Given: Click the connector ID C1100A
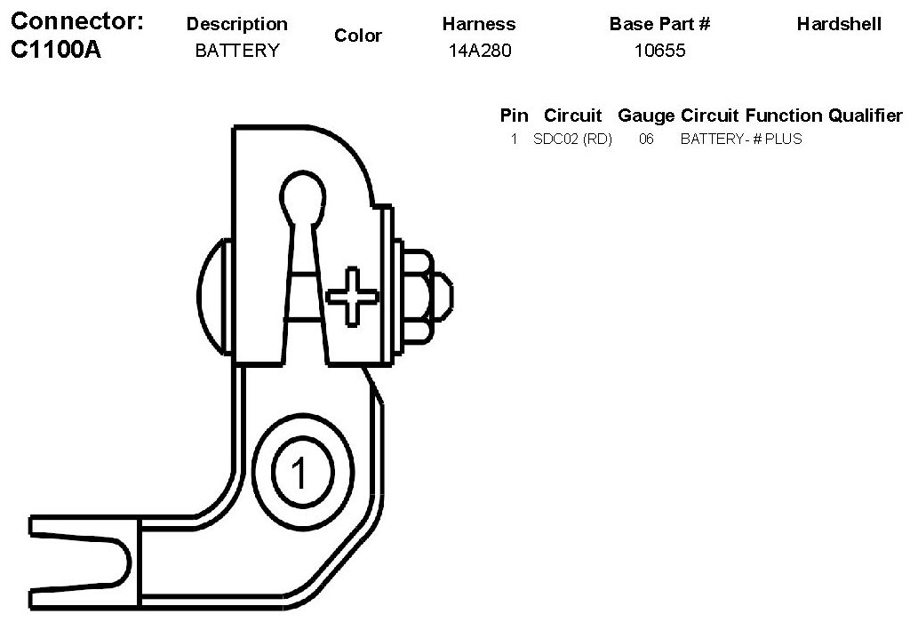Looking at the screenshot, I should (57, 50).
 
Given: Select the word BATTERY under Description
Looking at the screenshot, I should (236, 51).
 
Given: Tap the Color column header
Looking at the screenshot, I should (358, 36).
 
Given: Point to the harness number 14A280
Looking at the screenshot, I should (481, 51).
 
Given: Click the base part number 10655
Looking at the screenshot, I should (659, 51).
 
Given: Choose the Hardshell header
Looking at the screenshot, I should (839, 25).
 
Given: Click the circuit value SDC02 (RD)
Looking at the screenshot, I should (572, 139).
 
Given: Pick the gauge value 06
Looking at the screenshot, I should (646, 139).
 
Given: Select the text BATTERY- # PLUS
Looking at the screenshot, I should (740, 139).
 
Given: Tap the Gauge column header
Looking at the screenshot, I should (646, 116).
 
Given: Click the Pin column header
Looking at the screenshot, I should (514, 116).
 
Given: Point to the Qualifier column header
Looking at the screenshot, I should (865, 116).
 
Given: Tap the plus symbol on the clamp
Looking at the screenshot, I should (351, 296).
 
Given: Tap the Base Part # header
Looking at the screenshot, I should (659, 25).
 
